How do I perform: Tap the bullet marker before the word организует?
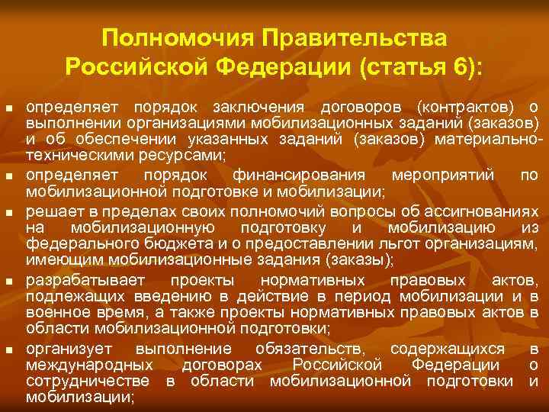pos(10,350)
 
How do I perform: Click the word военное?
pos(56,313)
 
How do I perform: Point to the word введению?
pos(176,295)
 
